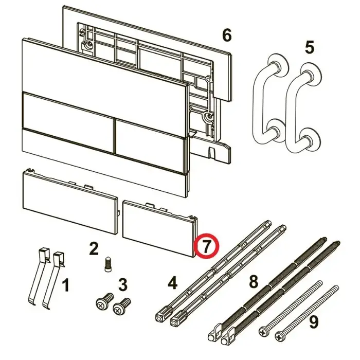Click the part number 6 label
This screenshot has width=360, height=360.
[227, 36]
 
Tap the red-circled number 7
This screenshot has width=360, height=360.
[206, 245]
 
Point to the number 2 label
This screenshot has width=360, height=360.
[94, 248]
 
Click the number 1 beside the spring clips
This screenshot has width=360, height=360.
[66, 285]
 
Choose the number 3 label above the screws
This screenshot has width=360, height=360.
[122, 285]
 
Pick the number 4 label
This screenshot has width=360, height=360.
[173, 283]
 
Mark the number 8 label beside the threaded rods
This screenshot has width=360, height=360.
[254, 281]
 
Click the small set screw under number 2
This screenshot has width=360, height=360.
[108, 264]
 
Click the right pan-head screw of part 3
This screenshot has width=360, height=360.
[122, 307]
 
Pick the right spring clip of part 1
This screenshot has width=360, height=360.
[53, 280]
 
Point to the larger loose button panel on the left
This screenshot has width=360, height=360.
[70, 202]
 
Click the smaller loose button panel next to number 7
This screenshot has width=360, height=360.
[160, 228]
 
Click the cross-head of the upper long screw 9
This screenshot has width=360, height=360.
[263, 332]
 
